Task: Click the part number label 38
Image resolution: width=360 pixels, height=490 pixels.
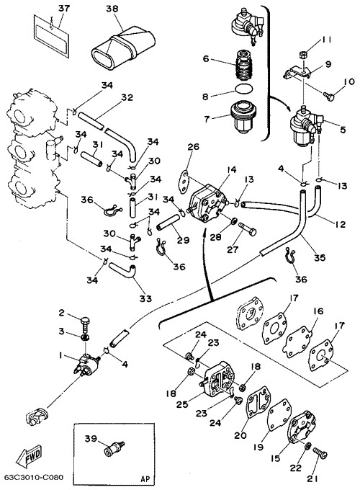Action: (x=112, y=9)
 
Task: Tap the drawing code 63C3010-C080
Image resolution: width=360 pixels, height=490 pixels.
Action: (x=33, y=477)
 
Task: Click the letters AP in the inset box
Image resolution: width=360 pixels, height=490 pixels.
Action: (x=145, y=478)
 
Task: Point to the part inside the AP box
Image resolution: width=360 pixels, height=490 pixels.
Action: (x=114, y=448)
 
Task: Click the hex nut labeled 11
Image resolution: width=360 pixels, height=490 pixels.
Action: (x=302, y=55)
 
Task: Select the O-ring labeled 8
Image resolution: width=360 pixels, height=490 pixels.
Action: (x=244, y=89)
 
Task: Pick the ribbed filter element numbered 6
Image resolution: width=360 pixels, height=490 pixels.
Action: (x=244, y=65)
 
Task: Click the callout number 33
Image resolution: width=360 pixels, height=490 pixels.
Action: (x=145, y=298)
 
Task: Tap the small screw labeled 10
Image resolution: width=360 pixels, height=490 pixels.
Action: (x=329, y=97)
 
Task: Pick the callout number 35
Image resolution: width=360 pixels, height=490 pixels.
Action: (x=320, y=257)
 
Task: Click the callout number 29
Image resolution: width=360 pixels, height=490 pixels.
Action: (x=183, y=240)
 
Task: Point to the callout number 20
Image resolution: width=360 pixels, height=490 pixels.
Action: (x=240, y=435)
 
